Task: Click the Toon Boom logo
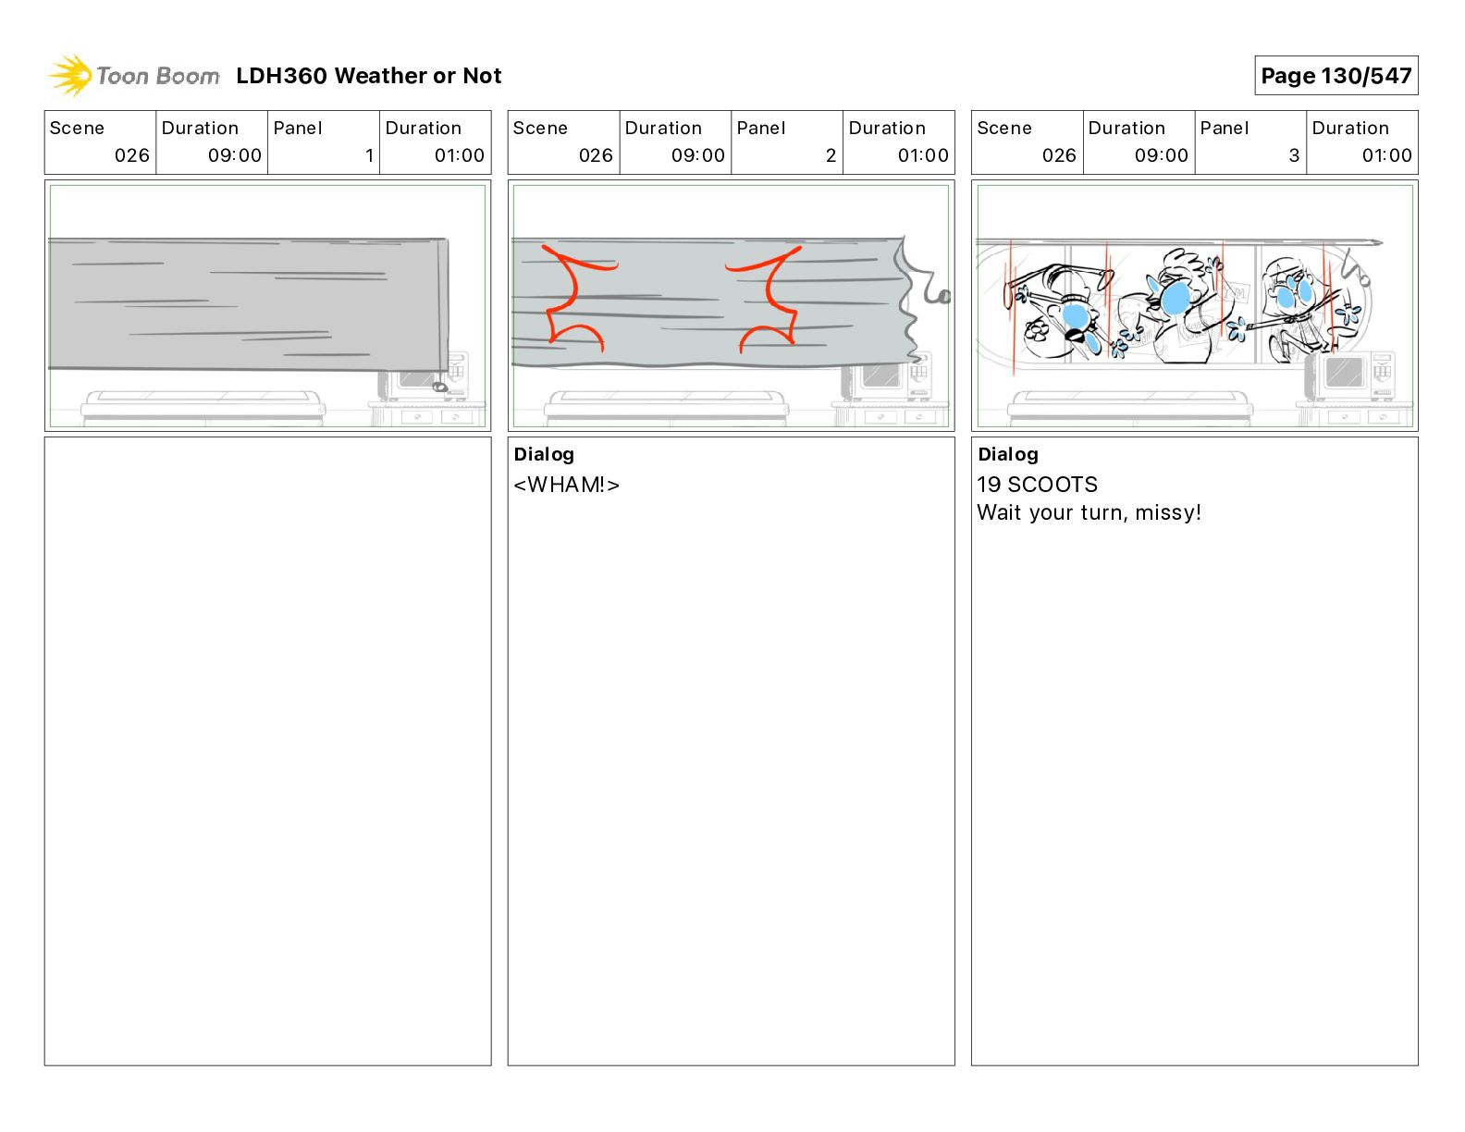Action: [134, 75]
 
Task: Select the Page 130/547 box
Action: [1336, 76]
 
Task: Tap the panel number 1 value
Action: [369, 155]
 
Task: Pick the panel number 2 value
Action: [831, 155]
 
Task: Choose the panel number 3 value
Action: [1294, 155]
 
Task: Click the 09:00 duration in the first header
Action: [234, 155]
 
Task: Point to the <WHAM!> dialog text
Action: [566, 485]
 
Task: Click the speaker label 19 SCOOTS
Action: [1037, 485]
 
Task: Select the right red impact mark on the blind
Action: [768, 298]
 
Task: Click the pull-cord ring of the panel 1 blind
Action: [440, 387]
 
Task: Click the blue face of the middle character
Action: [1176, 298]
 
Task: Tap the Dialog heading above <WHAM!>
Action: [544, 454]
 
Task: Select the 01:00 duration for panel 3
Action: [1386, 155]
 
